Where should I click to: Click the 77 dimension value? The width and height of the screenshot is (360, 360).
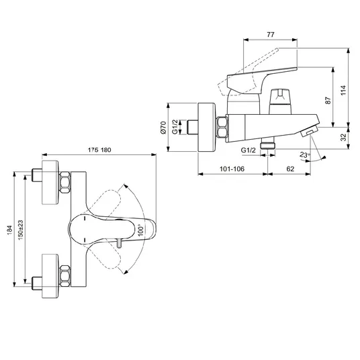click(x=271, y=35)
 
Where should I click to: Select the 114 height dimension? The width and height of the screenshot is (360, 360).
click(x=343, y=90)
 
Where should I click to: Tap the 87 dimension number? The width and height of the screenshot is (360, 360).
click(x=328, y=100)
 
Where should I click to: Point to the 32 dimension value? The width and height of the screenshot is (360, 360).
click(x=343, y=137)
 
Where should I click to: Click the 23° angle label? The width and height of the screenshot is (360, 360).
click(x=305, y=155)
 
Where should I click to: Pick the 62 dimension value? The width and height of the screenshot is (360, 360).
click(x=290, y=169)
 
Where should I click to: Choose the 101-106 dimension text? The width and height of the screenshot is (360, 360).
click(x=232, y=169)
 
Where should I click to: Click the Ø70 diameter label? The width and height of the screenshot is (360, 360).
click(x=163, y=128)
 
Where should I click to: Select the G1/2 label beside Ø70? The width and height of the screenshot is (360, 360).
click(x=175, y=127)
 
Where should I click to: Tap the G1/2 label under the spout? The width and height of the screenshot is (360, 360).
click(x=248, y=150)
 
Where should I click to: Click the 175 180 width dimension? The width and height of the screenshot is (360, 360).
click(x=99, y=150)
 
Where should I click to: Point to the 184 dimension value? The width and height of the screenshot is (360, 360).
click(x=9, y=230)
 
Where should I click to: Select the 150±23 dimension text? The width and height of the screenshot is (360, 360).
click(x=21, y=230)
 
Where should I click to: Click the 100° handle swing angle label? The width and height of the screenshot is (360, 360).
click(x=141, y=230)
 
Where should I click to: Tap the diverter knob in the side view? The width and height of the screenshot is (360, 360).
click(x=280, y=101)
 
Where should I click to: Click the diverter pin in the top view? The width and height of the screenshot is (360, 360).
click(x=119, y=242)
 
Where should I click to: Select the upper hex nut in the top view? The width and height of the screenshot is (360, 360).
click(x=65, y=183)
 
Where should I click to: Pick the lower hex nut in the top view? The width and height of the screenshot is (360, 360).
click(x=65, y=275)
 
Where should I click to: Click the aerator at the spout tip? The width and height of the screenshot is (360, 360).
click(x=309, y=132)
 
